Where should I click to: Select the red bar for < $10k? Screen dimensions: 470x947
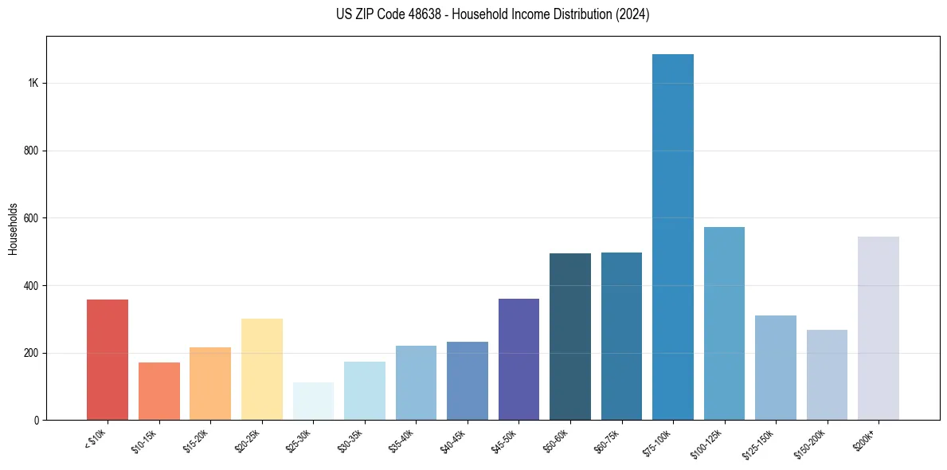108,359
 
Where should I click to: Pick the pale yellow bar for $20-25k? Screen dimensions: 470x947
262,369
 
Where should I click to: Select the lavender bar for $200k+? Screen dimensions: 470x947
879,328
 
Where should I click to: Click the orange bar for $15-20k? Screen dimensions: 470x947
210,383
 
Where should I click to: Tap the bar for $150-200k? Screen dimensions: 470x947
827,374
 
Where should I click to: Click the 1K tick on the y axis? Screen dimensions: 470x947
33,84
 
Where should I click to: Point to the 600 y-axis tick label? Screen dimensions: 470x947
30,218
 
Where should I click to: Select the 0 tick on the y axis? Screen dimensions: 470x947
36,420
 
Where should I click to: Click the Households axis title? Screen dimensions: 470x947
13,229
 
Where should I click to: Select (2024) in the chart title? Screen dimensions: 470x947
633,15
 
